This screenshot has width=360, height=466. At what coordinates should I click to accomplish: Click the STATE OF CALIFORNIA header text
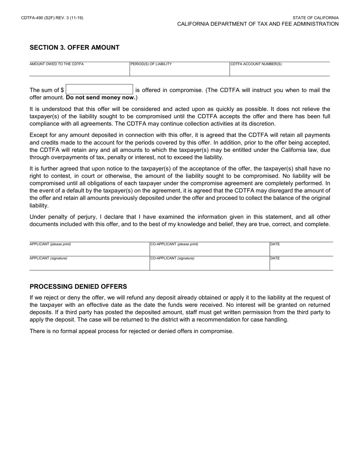315,18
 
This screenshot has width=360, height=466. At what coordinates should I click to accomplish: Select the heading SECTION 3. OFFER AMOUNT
74,48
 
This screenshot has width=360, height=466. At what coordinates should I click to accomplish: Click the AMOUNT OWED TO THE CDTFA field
79,70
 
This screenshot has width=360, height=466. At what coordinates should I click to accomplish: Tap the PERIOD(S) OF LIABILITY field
179,70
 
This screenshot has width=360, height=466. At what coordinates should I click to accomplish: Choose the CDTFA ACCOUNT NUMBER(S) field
279,70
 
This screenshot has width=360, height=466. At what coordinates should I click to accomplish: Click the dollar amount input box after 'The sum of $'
99,90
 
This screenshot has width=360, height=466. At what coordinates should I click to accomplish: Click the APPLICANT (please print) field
89,250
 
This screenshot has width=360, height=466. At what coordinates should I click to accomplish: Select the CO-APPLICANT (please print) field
209,250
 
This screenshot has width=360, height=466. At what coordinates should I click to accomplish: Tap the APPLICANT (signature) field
89,264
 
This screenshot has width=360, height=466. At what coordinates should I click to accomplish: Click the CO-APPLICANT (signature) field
209,264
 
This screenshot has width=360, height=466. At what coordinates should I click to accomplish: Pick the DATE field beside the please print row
301,250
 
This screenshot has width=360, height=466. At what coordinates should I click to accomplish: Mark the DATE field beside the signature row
301,264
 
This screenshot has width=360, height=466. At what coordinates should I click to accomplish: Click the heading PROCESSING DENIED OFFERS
78,287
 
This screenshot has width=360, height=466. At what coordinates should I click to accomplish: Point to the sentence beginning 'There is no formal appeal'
131,331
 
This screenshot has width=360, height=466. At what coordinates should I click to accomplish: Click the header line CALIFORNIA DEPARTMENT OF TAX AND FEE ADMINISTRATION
258,24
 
